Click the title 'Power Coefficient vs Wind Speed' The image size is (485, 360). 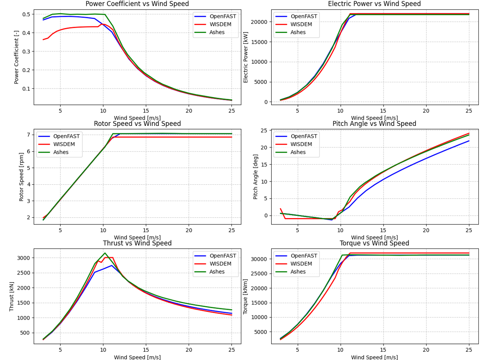pos(137,4)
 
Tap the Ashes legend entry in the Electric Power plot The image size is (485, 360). pos(301,32)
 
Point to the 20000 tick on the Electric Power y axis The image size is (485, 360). pos(259,22)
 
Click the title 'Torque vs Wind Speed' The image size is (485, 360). pos(374,244)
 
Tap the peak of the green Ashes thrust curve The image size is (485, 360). pos(105,253)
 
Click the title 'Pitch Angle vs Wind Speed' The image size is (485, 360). pos(374,124)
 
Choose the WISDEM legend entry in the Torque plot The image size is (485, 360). pos(301,264)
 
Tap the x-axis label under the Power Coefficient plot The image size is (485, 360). pos(137,118)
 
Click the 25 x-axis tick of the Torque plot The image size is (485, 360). pos(469,350)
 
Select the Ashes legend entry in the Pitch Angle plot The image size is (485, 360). pos(301,152)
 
